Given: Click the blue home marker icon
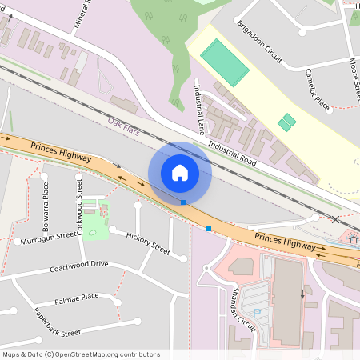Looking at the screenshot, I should tap(180, 172).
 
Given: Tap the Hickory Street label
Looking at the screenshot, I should tap(149, 243).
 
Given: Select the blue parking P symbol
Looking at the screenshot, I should tap(257, 313).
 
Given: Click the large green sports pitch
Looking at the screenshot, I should tap(224, 62).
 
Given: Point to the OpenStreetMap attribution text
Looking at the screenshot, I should tap(80, 354).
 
